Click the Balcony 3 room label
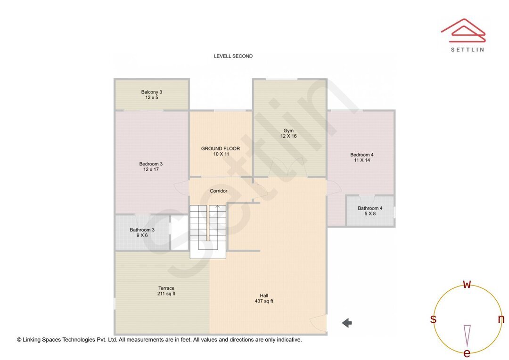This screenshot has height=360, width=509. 151,92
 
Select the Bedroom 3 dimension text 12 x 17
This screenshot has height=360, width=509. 151,170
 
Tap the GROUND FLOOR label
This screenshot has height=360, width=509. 220,148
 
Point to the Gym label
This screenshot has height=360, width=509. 288,131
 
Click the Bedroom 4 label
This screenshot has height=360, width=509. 361,155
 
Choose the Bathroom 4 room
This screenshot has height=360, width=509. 370,211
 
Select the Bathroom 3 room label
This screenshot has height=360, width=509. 142,230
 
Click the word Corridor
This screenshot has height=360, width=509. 219,191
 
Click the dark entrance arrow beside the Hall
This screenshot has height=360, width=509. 347,323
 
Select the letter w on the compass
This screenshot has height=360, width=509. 467,284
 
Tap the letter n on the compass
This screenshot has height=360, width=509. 501,319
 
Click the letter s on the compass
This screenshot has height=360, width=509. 433,319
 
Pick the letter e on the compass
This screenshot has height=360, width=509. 467,353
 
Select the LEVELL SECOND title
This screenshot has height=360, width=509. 233,56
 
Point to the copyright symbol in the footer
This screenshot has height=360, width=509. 19,340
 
